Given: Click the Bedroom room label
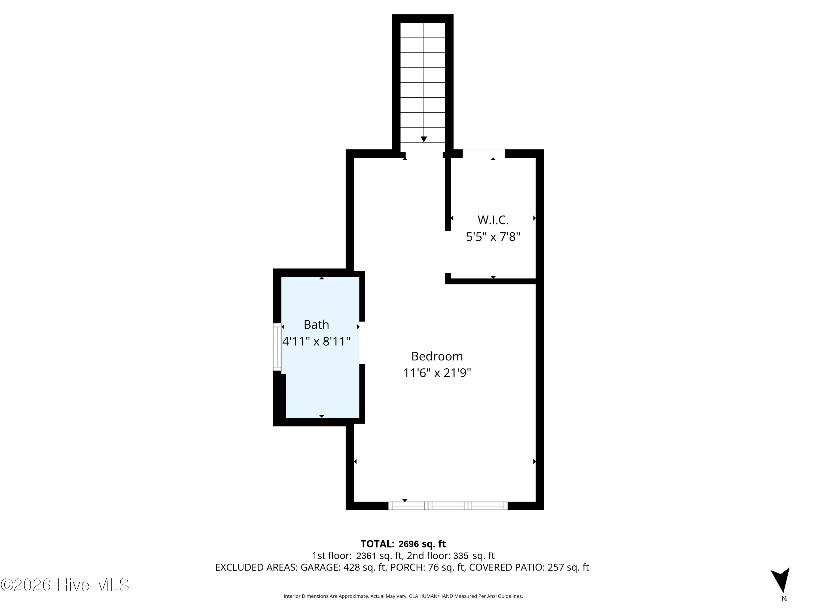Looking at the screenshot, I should tap(437, 356).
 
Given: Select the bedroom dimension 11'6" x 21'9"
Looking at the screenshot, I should tap(437, 373).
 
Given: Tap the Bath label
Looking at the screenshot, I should tap(316, 324).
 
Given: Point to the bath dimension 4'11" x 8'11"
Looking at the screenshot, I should tap(316, 341).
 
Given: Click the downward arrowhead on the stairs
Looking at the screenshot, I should tap(424, 139).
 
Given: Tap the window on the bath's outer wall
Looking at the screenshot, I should tap(277, 347).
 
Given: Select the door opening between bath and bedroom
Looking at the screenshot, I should tap(362, 342).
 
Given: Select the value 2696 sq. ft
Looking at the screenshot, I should tap(422, 544).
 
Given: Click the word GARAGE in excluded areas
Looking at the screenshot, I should tap(320, 567).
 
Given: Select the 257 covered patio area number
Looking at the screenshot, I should tap(556, 567).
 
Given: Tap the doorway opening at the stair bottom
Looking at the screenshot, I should tap(424, 155).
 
